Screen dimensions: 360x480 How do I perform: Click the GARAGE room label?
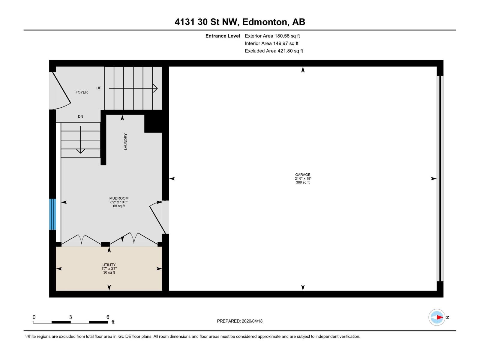pos(302,175)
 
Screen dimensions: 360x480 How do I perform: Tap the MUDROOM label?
pos(119,198)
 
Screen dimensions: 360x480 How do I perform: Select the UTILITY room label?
pos(109,265)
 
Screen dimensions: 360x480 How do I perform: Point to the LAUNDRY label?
pos(125,142)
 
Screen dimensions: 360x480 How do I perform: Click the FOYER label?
pos(82,92)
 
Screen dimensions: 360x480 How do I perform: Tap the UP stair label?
pos(99,88)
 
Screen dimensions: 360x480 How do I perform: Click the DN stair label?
pos(80,116)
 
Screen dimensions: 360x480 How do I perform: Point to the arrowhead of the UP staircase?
pos(155,88)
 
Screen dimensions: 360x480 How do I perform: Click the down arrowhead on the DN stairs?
pos(80,151)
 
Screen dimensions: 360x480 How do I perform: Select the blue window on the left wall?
pos(52,214)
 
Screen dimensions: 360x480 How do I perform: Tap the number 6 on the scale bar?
pos(108,317)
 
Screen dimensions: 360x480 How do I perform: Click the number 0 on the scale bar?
pos(34,317)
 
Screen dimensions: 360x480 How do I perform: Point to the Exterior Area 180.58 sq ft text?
pos(272,36)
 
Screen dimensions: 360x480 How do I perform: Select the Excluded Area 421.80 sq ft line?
pos(274,51)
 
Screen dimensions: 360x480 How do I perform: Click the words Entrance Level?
pos(223,36)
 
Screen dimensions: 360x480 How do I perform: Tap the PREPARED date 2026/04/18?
pos(251,321)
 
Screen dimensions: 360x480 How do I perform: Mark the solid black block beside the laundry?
pos(153,123)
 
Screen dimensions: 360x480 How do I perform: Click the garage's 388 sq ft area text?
pos(302,182)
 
